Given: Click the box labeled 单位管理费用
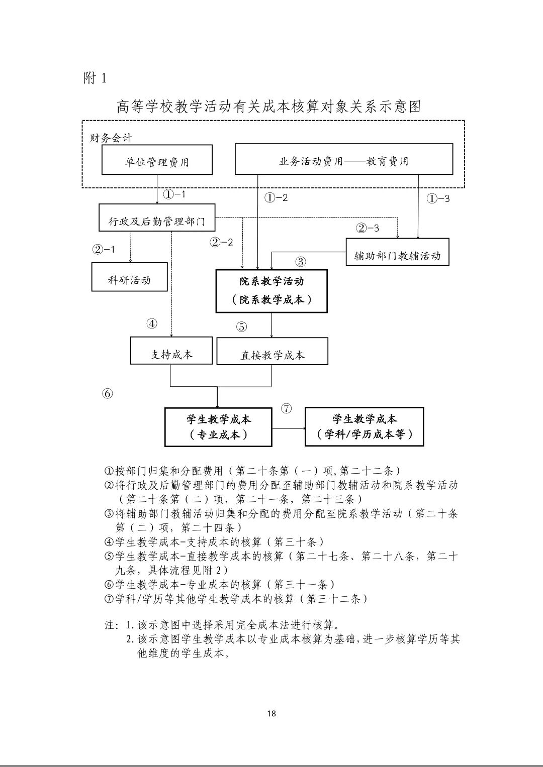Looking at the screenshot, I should [157, 160].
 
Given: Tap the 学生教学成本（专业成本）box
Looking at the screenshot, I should [218, 427].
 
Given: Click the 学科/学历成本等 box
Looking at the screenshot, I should [364, 427].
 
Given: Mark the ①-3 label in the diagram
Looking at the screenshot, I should [438, 198].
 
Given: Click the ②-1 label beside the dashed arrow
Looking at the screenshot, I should [104, 249].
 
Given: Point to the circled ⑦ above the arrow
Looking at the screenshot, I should [286, 408].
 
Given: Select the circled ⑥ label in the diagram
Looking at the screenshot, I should [108, 394].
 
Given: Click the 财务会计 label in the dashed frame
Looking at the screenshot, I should [111, 137].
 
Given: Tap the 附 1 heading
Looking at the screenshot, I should [95, 78].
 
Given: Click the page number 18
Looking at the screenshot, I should [271, 713].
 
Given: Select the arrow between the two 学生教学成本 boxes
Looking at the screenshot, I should [289, 428].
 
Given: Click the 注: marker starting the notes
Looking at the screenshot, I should [112, 625].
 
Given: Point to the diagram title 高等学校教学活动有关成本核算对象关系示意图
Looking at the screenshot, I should [268, 106].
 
